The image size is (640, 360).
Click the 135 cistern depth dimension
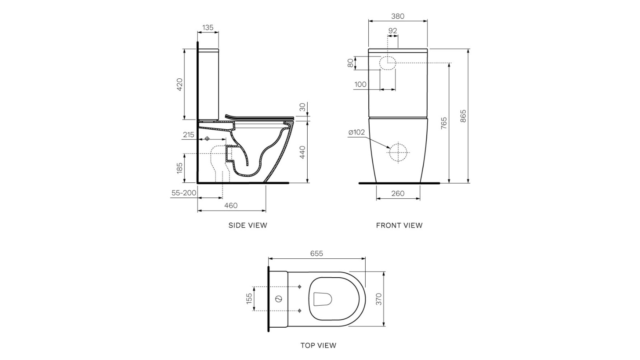click(x=208, y=28)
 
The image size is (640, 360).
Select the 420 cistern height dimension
click(x=180, y=84)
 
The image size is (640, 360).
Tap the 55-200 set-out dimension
click(x=184, y=193)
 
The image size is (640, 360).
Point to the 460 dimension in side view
click(x=231, y=205)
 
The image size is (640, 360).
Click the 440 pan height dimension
click(x=302, y=152)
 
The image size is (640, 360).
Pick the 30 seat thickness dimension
click(x=302, y=107)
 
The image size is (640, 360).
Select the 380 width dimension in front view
click(x=398, y=16)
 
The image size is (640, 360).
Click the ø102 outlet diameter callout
click(x=356, y=132)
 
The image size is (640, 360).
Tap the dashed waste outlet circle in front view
click(x=398, y=152)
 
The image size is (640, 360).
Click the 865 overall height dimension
click(x=463, y=116)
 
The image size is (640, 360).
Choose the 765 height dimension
click(x=444, y=123)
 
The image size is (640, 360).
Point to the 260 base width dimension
click(x=398, y=193)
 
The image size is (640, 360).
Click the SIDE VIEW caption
click(x=248, y=225)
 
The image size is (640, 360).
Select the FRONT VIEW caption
click(x=399, y=225)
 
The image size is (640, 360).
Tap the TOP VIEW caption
click(x=318, y=345)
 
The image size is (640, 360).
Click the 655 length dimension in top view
click(x=316, y=254)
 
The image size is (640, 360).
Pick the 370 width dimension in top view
click(x=379, y=299)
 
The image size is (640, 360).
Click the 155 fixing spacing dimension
click(x=249, y=299)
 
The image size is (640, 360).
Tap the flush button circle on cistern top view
click(x=279, y=299)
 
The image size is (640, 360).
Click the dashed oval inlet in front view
click(x=387, y=63)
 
